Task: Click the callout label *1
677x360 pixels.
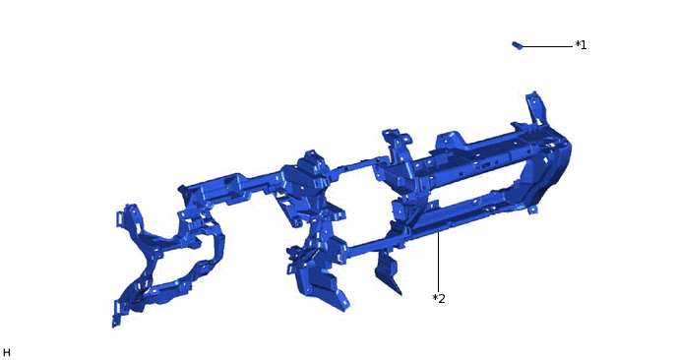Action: click(x=581, y=45)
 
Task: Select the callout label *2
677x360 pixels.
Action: click(x=439, y=298)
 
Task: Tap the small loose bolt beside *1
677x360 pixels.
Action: click(x=518, y=45)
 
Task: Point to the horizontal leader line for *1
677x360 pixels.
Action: click(x=547, y=46)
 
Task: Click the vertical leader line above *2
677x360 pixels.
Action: click(x=438, y=262)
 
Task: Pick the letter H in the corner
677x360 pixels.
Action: click(x=7, y=353)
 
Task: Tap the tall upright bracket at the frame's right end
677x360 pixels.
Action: click(x=533, y=108)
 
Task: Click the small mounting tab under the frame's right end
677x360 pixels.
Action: click(x=532, y=210)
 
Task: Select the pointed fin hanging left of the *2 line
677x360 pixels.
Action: click(x=388, y=271)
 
